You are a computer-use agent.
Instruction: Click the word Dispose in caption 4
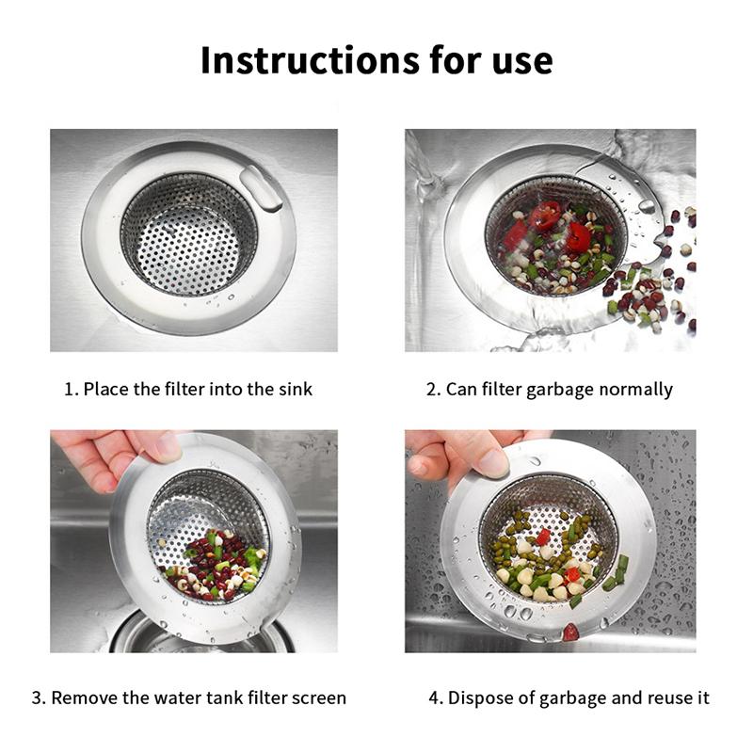pyautogui.click(x=479, y=697)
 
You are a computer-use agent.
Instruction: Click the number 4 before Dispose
pyautogui.click(x=434, y=697)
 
